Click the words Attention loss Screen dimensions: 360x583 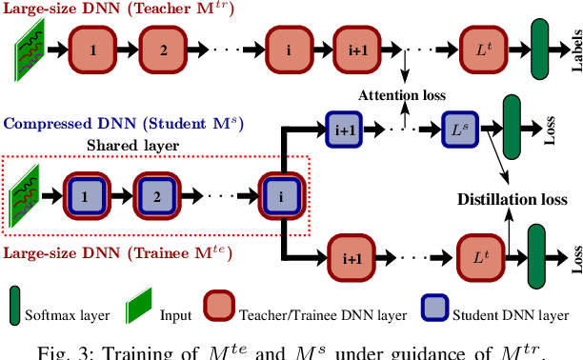pyautogui.click(x=401, y=96)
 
